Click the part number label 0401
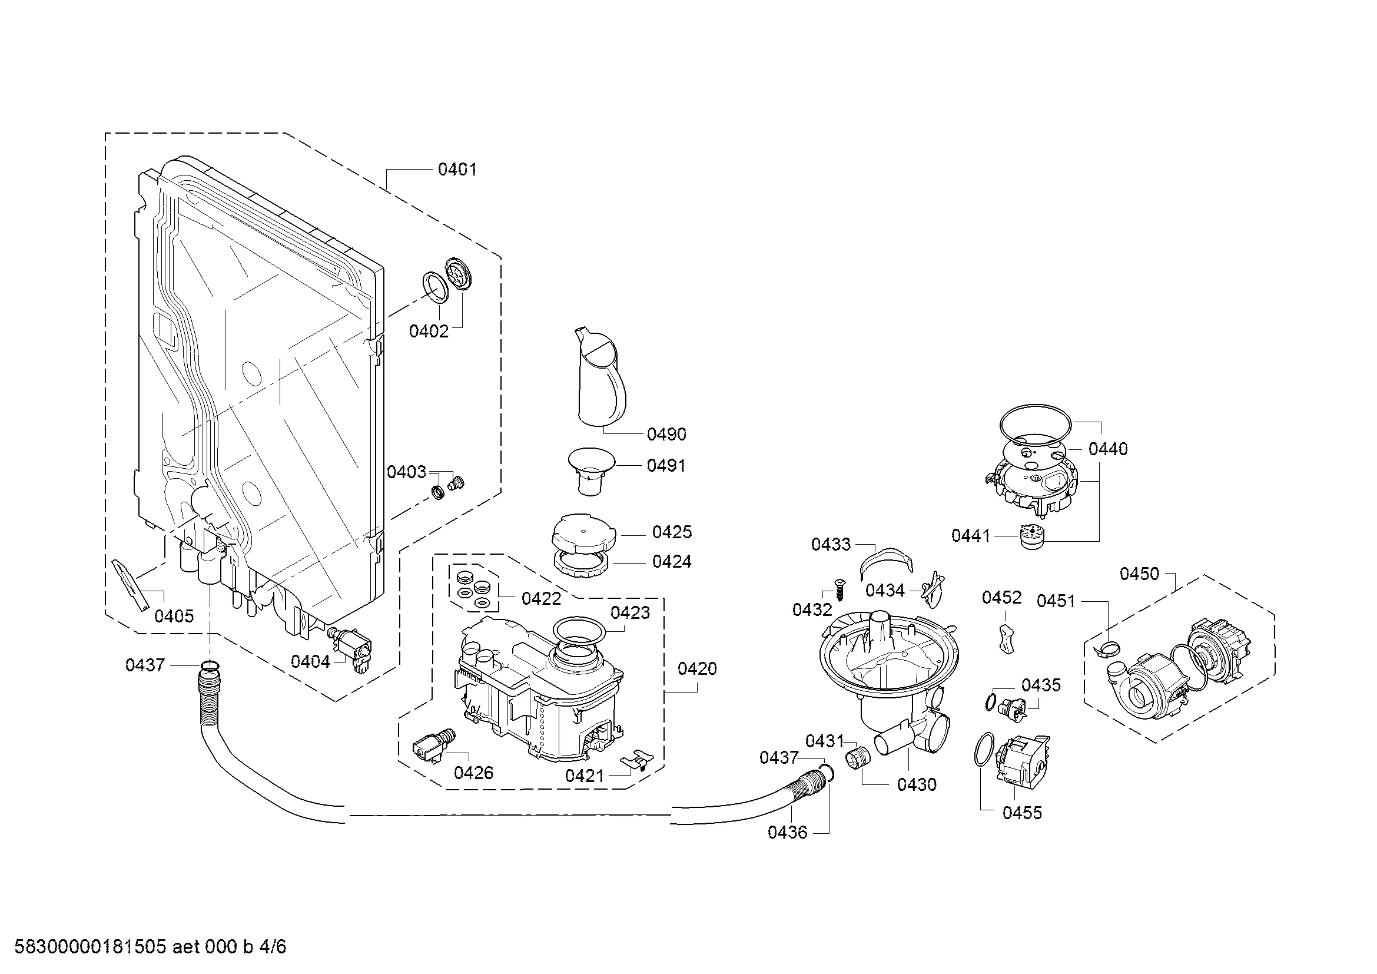(457, 170)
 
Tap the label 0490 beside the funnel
(666, 433)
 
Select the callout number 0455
(1022, 813)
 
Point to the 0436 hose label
(788, 832)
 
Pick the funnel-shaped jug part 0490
(600, 378)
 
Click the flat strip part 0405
(130, 584)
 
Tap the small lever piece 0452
(1007, 638)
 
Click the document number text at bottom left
(151, 947)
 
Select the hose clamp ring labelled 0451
(1107, 647)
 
